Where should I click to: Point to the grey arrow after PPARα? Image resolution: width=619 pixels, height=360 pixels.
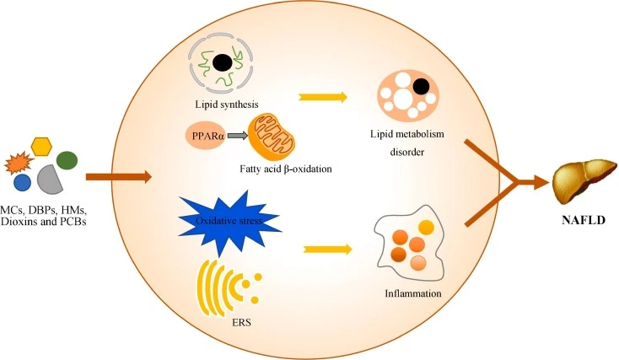click(238, 135)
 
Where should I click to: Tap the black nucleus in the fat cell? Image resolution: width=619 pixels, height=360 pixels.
click(421, 84)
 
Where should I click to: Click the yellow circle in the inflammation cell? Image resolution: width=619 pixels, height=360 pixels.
click(426, 228)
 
